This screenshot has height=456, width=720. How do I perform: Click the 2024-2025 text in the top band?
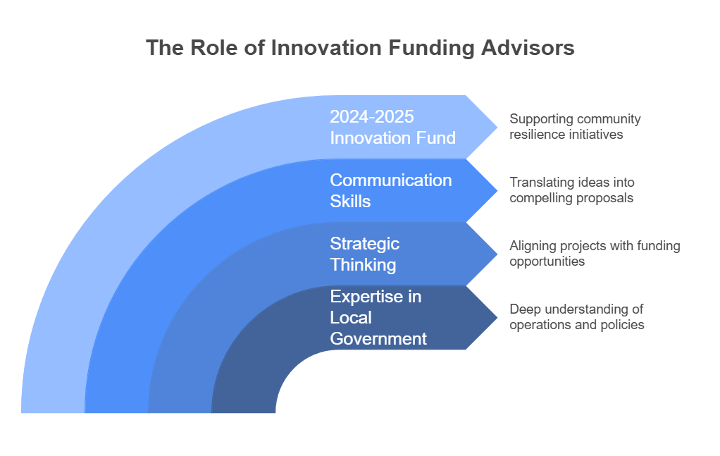(x=372, y=117)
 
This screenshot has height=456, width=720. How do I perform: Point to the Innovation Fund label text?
(x=393, y=138)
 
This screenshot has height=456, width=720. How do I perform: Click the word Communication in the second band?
(x=391, y=180)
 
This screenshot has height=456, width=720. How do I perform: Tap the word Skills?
(x=350, y=202)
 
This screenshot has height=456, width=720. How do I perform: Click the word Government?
(x=378, y=339)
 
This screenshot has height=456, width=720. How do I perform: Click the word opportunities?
(x=547, y=262)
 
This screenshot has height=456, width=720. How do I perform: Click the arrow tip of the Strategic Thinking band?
(x=497, y=254)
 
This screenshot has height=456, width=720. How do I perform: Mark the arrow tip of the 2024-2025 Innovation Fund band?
(x=497, y=127)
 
